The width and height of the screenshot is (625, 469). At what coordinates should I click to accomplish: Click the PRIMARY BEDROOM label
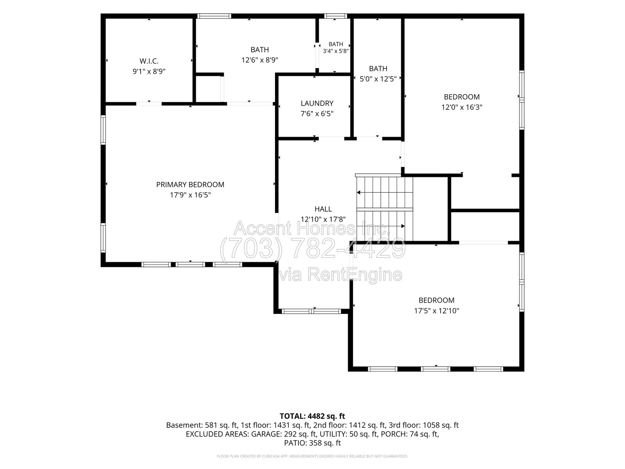(x=190, y=184)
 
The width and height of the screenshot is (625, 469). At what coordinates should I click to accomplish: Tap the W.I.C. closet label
(x=149, y=61)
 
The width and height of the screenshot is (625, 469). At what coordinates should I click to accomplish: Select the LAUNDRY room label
(x=317, y=103)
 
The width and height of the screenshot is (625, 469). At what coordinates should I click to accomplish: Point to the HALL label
(x=323, y=209)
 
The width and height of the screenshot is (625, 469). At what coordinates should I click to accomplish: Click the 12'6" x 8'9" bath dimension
(x=260, y=60)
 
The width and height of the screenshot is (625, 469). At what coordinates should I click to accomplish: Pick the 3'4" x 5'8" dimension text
(x=336, y=51)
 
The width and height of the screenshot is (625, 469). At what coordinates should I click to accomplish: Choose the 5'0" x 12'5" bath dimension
(x=378, y=79)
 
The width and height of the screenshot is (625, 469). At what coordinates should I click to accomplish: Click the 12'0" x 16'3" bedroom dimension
(x=462, y=107)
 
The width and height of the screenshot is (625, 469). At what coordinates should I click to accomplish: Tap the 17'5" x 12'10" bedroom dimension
(x=436, y=310)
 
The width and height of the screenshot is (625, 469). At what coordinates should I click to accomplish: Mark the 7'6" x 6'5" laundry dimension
(x=317, y=114)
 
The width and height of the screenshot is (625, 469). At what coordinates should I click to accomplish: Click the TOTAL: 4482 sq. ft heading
(x=312, y=416)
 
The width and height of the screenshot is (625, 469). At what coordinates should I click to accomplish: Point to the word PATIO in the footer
(x=294, y=443)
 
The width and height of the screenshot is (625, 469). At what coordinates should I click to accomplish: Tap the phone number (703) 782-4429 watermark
(x=312, y=248)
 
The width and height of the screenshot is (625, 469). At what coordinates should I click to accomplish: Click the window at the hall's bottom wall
(x=311, y=311)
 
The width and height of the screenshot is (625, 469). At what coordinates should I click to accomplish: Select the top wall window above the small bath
(x=336, y=16)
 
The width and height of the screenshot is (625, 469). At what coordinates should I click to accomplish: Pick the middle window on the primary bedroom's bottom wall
(x=190, y=265)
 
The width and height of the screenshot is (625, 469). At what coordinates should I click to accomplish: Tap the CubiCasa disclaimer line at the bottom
(x=312, y=456)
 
